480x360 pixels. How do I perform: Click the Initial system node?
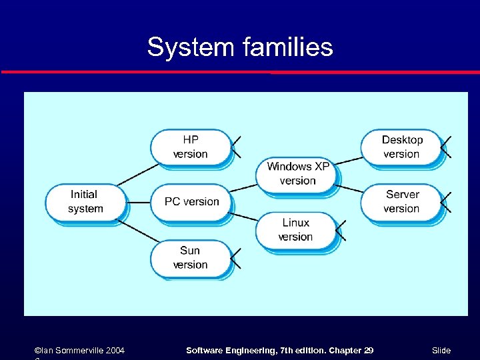pos(85,201)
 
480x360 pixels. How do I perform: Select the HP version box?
pos(191,147)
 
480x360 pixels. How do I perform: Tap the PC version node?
pos(191,201)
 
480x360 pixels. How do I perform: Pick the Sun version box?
pos(191,257)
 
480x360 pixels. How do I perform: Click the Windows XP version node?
pos(297,173)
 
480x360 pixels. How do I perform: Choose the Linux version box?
pos(296,229)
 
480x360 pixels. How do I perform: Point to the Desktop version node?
pos(401,147)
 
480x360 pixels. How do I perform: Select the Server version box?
pos(401,201)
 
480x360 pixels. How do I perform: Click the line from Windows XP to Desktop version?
pos(349,161)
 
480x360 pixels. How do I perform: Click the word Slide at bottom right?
pos(441,351)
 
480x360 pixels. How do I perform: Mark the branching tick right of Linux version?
pos(341,230)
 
